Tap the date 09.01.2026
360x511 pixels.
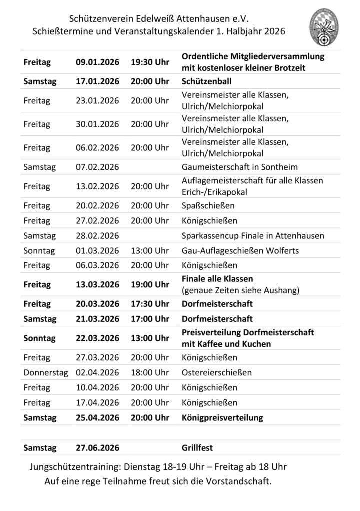point(97,62)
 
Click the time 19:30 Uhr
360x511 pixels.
point(150,62)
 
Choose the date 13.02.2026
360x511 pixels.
point(97,186)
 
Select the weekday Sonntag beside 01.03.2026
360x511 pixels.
point(39,251)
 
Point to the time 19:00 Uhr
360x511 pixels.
point(150,284)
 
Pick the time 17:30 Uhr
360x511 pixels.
point(150,304)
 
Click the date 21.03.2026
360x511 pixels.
point(97,319)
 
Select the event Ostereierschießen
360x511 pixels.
point(216,372)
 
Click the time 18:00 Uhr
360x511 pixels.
point(150,372)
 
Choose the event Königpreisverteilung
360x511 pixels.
point(222,417)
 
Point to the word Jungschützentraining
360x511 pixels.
point(79,467)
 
